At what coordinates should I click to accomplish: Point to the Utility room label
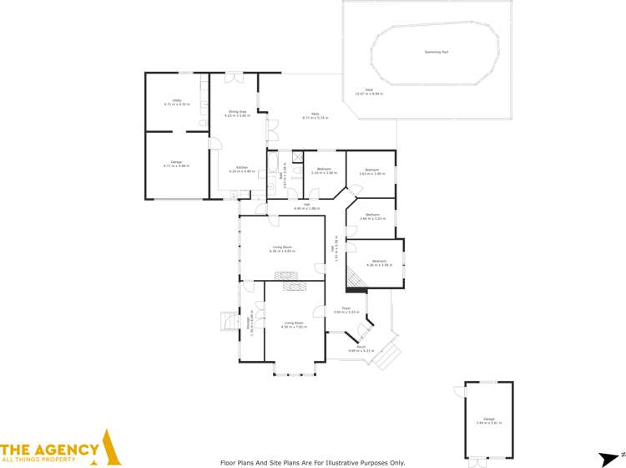[x=177, y=103]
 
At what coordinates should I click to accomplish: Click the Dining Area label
[x=238, y=113]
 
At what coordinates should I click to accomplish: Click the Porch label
[x=361, y=348]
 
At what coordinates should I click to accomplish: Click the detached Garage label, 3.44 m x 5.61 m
[x=488, y=420]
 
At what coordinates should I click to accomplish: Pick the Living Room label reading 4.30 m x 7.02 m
[x=293, y=324]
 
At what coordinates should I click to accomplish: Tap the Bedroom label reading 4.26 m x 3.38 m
[x=379, y=262]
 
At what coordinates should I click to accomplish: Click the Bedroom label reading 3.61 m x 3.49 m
[x=371, y=173]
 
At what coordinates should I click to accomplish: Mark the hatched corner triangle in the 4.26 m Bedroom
[x=356, y=282]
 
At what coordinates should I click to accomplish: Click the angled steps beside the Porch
[x=387, y=357]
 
